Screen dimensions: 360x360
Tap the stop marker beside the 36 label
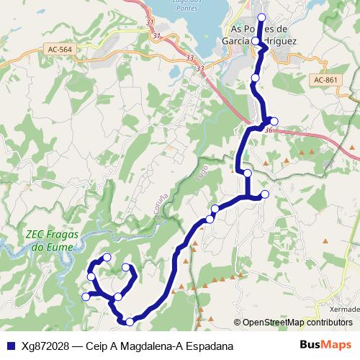(x=274, y=120)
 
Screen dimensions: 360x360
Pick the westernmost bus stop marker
(x=86, y=296)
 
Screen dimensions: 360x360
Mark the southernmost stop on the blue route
(x=129, y=321)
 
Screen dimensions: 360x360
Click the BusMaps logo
(x=325, y=345)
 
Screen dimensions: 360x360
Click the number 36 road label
(x=269, y=130)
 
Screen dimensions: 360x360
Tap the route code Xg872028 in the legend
(x=46, y=346)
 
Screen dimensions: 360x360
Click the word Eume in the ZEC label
(x=47, y=247)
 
